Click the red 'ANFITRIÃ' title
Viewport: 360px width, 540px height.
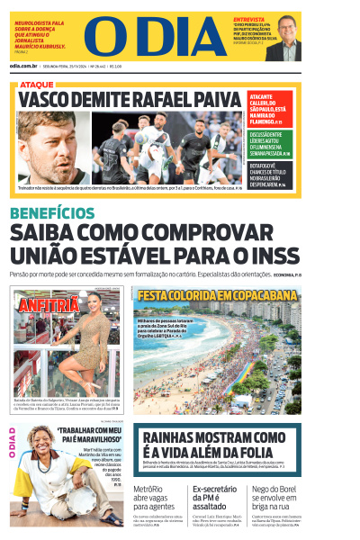[x=46, y=305]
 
